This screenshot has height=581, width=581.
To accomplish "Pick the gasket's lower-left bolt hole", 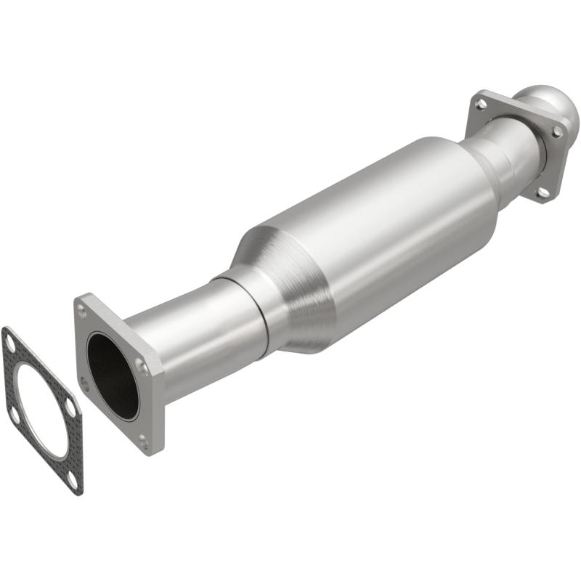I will click(x=13, y=413).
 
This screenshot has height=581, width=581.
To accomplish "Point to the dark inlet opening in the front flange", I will click(x=112, y=375).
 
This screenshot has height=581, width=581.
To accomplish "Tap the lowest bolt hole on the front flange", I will click(x=143, y=439).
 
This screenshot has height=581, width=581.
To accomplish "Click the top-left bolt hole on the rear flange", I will click(x=480, y=105).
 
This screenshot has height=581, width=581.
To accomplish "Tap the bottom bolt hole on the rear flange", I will click(x=541, y=192).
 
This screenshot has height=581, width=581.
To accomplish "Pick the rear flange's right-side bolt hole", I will click(x=556, y=132).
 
